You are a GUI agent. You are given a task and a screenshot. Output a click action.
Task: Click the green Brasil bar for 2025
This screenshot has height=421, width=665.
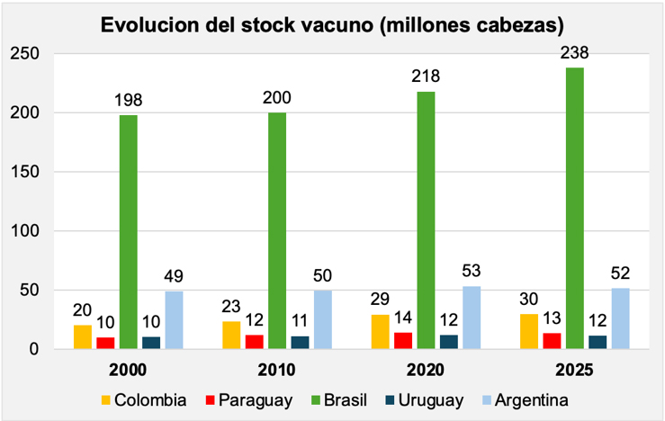[x=575, y=208]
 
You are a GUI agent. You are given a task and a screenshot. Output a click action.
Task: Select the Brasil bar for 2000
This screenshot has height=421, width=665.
[x=129, y=231]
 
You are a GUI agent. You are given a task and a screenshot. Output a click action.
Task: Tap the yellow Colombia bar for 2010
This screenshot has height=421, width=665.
[x=232, y=335]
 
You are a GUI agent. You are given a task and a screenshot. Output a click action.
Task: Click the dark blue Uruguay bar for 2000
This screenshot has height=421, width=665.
[x=151, y=343]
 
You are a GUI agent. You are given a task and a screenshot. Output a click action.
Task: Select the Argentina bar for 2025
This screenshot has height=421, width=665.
[x=621, y=318]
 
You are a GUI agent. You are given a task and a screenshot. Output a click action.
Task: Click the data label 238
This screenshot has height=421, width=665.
[x=575, y=54]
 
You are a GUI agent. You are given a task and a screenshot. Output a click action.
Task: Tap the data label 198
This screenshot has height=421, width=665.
[x=129, y=101]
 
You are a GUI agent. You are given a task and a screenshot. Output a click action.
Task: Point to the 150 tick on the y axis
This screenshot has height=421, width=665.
[x=31, y=172]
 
